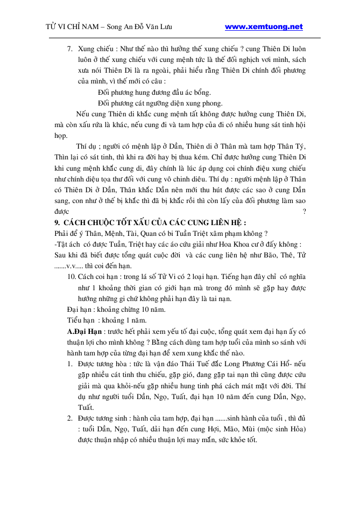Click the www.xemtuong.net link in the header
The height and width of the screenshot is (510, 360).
(264, 27)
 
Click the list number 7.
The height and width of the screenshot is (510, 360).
(69, 50)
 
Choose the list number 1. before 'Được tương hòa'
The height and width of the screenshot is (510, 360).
(70, 364)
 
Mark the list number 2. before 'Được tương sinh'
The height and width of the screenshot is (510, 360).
(70, 418)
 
